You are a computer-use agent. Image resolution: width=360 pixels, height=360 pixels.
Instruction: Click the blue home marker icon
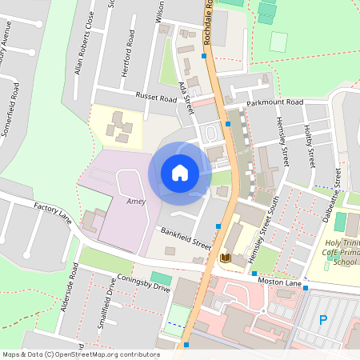tap(180, 173)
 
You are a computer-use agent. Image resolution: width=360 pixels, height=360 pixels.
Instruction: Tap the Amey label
tap(135, 202)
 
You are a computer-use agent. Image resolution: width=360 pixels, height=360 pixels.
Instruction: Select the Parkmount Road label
tap(274, 103)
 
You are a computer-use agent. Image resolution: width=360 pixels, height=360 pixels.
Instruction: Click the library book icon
tap(226, 258)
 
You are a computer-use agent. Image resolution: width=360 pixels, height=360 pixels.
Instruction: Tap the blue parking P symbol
tap(323, 320)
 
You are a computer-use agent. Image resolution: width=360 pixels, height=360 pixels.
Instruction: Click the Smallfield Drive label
tap(102, 311)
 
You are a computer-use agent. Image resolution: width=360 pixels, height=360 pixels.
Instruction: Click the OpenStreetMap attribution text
tap(81, 354)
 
